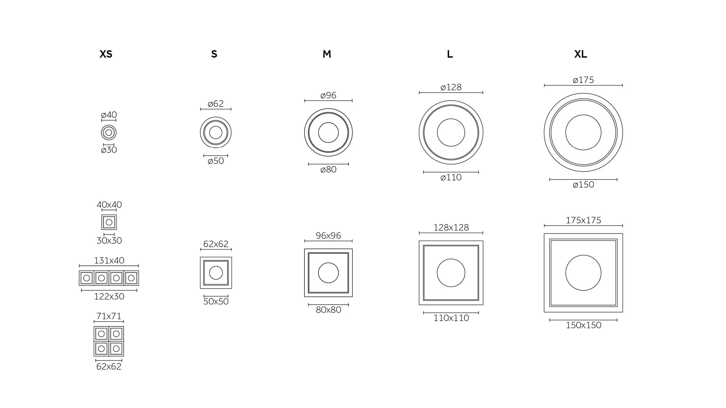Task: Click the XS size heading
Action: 106,54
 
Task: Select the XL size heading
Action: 581,54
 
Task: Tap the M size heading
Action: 327,54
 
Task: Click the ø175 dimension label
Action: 583,80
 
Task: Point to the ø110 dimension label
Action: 451,177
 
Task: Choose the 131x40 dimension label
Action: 109,260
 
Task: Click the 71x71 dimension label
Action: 109,316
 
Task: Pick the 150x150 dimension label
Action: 583,325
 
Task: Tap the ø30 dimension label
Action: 109,150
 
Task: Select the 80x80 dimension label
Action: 328,310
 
